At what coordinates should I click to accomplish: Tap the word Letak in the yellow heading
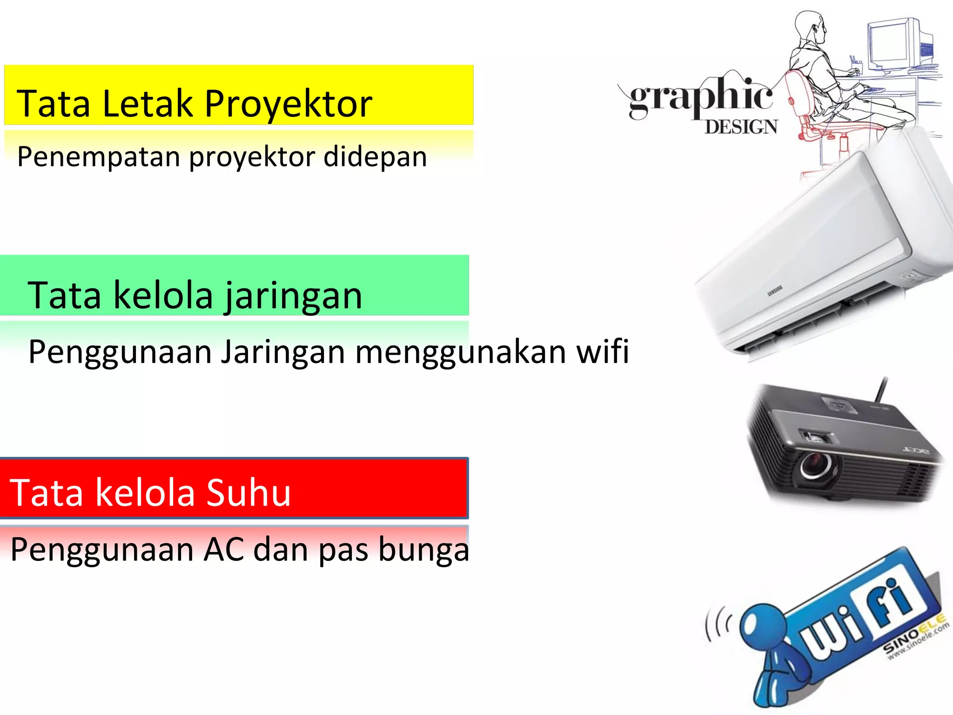pos(147,103)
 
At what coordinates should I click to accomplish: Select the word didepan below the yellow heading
pos(375,157)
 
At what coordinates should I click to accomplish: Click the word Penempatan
pos(98,157)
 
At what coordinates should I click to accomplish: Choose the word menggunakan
pos(461,352)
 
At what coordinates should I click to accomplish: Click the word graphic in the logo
pos(700,97)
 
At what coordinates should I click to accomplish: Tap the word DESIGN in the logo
pos(741,127)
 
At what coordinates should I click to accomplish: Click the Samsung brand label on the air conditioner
pos(775,291)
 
